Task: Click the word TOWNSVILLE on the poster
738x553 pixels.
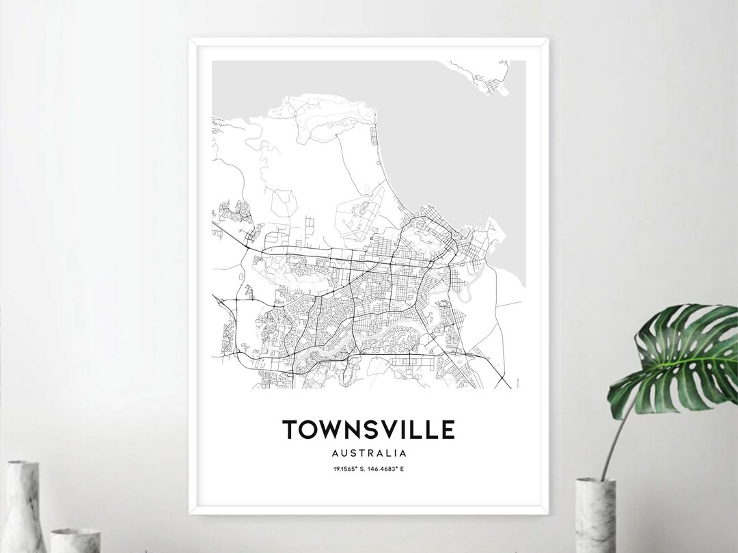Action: pos(368,429)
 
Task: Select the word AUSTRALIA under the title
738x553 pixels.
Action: pos(368,453)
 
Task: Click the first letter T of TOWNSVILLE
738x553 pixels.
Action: pos(290,429)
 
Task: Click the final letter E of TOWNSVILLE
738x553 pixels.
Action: pos(447,429)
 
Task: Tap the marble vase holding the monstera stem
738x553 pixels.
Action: pos(596,516)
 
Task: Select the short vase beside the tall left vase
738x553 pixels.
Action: pos(75,540)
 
